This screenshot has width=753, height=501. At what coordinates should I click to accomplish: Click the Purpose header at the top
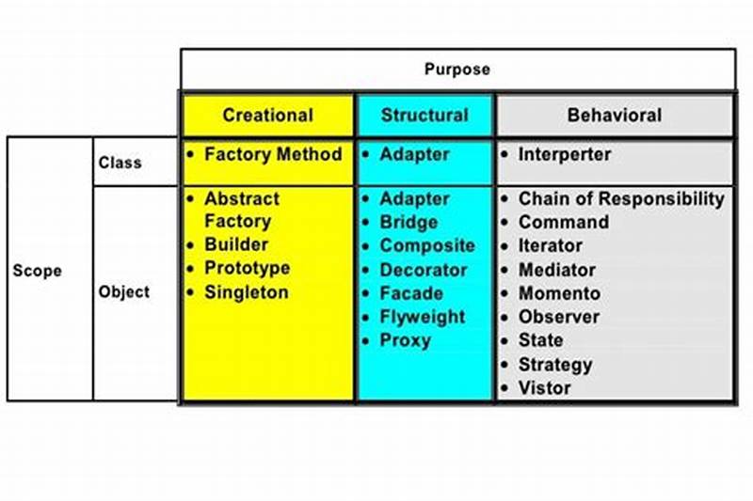[457, 70]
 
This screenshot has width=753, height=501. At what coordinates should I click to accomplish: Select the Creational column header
[267, 116]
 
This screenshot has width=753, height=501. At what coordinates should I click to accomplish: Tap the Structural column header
[425, 116]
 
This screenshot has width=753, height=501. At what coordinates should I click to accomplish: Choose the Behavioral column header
[614, 116]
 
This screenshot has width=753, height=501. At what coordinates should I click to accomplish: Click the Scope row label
[37, 271]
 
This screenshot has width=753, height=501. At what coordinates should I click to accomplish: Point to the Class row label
[120, 163]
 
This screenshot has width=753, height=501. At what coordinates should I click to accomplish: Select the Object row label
[123, 291]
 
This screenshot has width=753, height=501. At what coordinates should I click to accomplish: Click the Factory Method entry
[272, 154]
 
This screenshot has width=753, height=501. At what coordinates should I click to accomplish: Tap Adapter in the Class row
[414, 154]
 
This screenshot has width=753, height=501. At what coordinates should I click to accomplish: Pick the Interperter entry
[564, 154]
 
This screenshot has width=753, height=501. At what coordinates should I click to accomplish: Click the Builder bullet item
[237, 245]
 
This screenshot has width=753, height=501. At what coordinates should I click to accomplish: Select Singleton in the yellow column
[246, 292]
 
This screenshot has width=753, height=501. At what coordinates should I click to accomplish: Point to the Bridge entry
[409, 223]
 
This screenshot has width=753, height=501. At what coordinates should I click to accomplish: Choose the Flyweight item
[422, 317]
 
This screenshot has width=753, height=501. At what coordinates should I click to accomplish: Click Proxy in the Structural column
[405, 340]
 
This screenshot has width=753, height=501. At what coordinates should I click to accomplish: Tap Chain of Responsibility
[621, 199]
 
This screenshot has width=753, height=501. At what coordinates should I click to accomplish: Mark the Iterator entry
[550, 245]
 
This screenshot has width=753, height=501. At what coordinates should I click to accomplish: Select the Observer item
[558, 317]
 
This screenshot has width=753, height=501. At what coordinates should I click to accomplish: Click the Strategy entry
[554, 364]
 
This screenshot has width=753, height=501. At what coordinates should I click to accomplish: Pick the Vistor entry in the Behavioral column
[544, 387]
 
